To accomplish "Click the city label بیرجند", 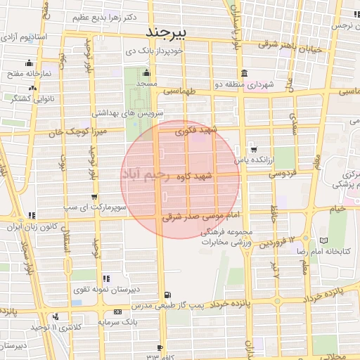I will (x=166, y=32).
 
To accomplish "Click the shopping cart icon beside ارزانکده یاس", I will (x=254, y=149).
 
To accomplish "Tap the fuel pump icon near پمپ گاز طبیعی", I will (x=166, y=296).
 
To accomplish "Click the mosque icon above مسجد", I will (x=146, y=72).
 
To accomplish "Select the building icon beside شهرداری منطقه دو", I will (x=243, y=74).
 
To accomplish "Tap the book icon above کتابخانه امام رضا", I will (x=323, y=240).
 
